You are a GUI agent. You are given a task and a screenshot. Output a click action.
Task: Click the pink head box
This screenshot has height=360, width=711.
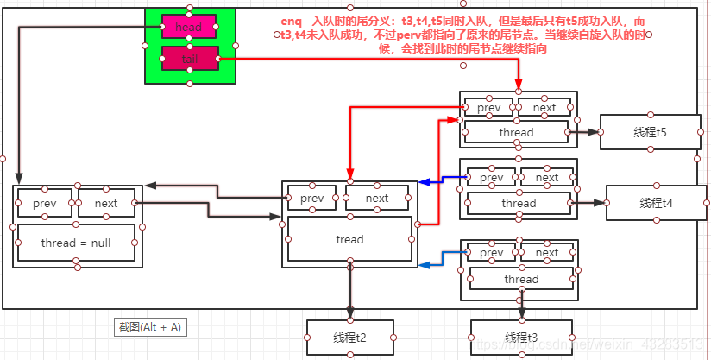(188, 27)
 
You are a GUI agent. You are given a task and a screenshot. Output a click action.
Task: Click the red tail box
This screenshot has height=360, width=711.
(188, 59)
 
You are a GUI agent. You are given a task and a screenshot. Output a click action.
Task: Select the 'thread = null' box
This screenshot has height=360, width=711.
(76, 243)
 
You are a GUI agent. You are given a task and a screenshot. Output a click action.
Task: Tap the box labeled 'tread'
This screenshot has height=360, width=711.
(349, 239)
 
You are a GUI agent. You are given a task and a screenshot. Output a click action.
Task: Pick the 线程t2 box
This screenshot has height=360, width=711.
(349, 337)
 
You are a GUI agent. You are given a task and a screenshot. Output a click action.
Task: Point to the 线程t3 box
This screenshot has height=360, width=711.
(513, 337)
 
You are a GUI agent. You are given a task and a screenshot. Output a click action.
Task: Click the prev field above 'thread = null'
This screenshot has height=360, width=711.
(45, 203)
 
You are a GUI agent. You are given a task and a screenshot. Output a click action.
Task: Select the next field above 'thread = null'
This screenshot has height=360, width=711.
(106, 203)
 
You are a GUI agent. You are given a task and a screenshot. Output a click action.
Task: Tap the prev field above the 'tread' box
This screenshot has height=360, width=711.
(311, 198)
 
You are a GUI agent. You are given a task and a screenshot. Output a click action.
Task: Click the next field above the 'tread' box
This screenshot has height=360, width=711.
(377, 198)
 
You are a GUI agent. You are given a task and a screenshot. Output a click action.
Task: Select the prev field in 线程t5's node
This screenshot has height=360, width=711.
(489, 107)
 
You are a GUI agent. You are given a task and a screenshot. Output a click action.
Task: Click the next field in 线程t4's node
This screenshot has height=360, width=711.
(547, 178)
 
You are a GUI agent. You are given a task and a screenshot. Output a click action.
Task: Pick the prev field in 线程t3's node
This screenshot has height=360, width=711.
(491, 254)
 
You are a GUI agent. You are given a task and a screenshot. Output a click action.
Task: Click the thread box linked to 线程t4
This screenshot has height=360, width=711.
(519, 204)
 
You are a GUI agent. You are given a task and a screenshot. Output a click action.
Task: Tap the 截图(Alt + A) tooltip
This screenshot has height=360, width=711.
(151, 327)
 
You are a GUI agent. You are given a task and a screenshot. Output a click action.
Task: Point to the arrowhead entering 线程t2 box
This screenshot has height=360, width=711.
(349, 316)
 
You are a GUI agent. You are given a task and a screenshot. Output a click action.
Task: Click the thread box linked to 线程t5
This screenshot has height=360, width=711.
(516, 132)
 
